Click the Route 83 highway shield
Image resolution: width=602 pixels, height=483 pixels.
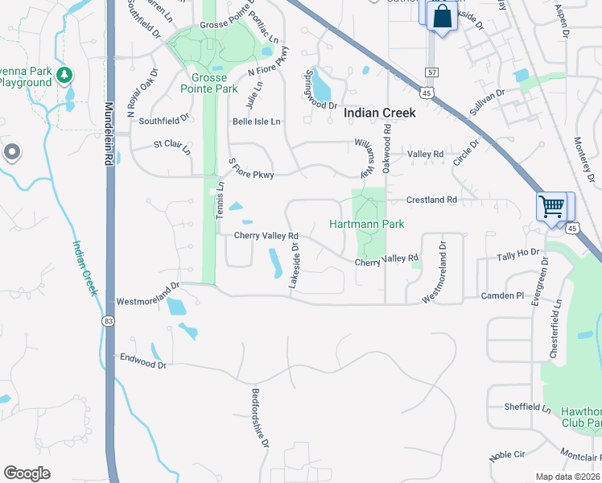(x=108, y=320)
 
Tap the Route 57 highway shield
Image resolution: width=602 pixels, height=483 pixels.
(x=432, y=73)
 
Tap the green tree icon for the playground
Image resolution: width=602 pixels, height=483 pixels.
(x=64, y=76)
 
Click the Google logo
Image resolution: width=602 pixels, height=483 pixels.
(x=27, y=473)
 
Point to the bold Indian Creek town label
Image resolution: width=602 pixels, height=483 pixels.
(x=380, y=114)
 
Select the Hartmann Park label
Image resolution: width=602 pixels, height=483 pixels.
(x=367, y=224)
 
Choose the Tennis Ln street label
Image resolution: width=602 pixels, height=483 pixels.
(x=219, y=200)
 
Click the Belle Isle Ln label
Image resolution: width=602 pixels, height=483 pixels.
(x=256, y=122)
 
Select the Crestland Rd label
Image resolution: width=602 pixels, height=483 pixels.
(x=431, y=200)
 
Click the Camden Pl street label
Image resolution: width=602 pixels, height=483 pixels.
(x=503, y=296)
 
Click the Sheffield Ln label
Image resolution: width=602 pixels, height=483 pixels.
(x=528, y=407)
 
